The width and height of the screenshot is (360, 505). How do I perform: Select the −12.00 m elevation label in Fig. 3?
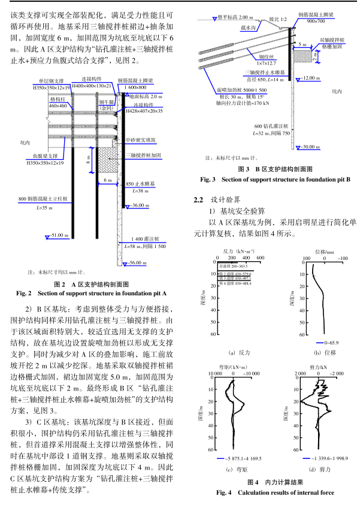point(312,78)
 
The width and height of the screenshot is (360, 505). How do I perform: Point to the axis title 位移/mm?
point(323,252)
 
